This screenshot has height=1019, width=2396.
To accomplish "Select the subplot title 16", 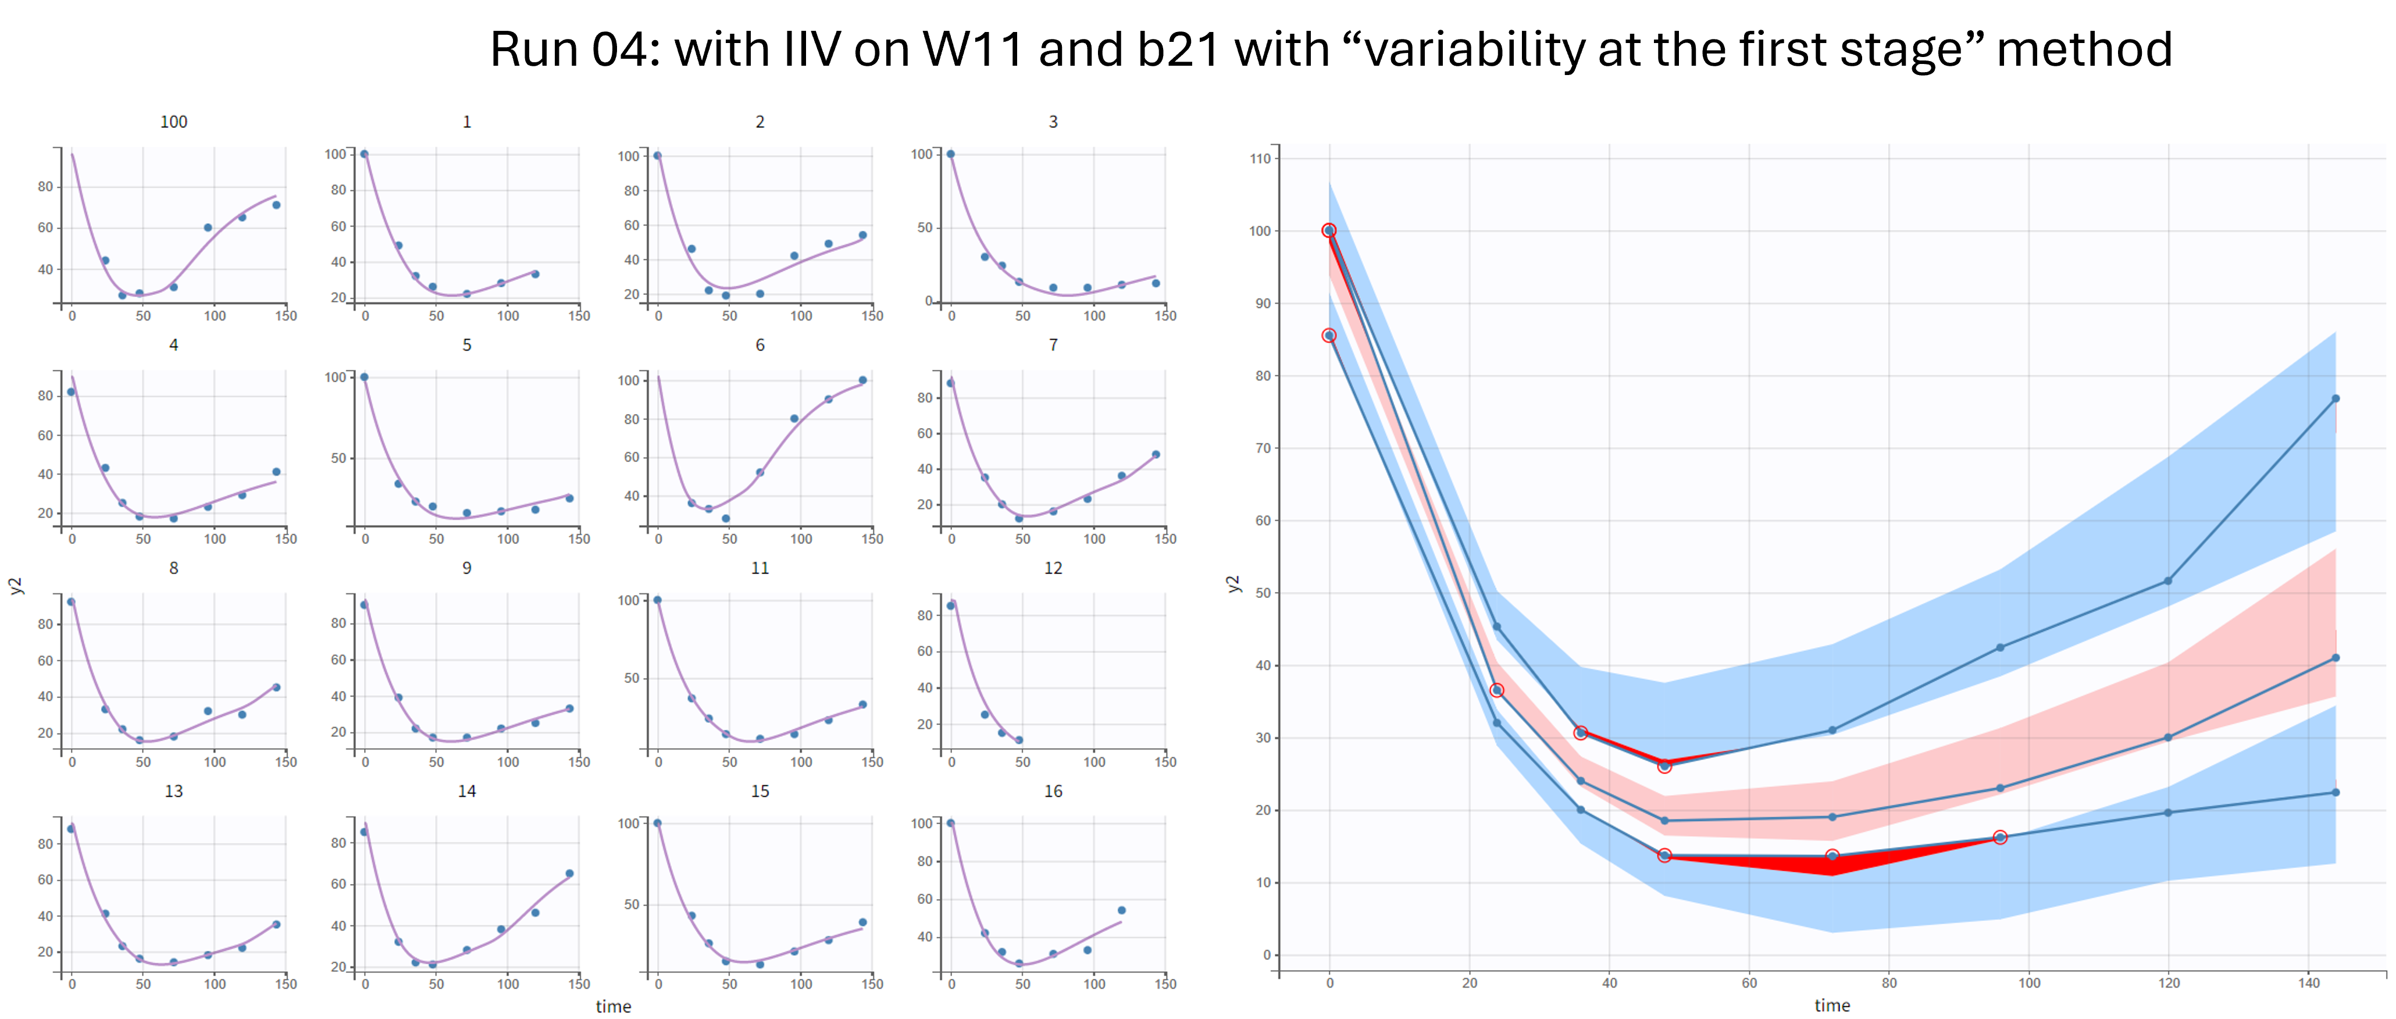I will (1052, 791).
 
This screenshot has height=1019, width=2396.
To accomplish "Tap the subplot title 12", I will (1052, 568).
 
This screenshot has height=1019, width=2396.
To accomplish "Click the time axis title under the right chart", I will (1831, 1005).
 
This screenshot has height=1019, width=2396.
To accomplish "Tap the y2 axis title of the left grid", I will (15, 585).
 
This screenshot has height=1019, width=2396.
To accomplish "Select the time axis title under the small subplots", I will (613, 1006).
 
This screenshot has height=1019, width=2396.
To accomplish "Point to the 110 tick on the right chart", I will (1260, 158).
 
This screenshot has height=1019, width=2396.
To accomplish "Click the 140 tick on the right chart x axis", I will (2309, 983).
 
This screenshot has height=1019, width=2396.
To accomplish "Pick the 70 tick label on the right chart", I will (1261, 448).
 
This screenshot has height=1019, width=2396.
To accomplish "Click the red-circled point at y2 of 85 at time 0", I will (1329, 335).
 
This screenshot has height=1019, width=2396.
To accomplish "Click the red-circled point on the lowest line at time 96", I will (2000, 838).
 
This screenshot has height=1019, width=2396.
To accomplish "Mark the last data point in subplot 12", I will (1019, 740).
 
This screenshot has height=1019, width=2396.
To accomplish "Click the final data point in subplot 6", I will (863, 380).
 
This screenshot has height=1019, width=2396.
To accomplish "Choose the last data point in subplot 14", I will (569, 874).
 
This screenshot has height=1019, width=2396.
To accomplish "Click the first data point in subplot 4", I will (72, 392).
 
